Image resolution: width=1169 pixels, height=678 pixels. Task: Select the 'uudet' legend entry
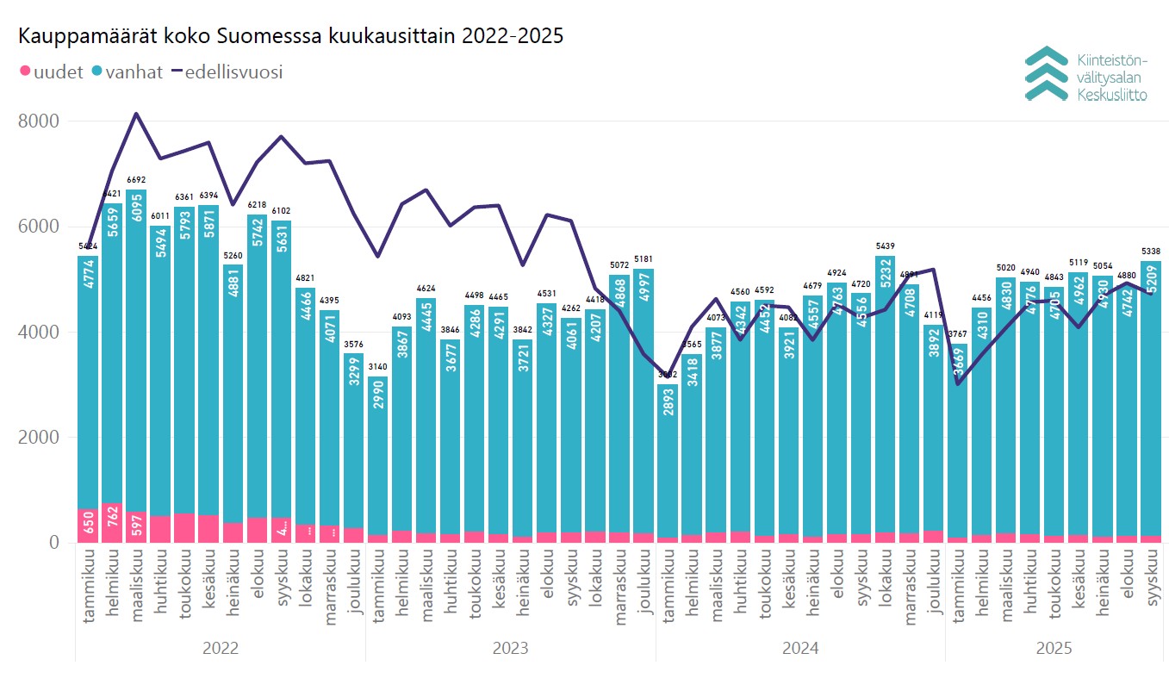coord(51,72)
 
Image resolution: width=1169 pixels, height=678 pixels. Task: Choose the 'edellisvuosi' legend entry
coord(227,72)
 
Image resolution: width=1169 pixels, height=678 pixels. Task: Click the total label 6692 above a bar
coord(136,180)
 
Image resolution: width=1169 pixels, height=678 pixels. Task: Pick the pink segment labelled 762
coord(112,523)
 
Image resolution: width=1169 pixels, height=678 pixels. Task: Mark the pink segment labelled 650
coord(88,526)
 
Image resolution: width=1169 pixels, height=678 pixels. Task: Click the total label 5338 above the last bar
coord(1150,252)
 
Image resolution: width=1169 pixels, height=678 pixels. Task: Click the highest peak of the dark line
coord(136,114)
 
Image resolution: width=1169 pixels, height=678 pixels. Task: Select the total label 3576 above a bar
coord(354,344)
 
